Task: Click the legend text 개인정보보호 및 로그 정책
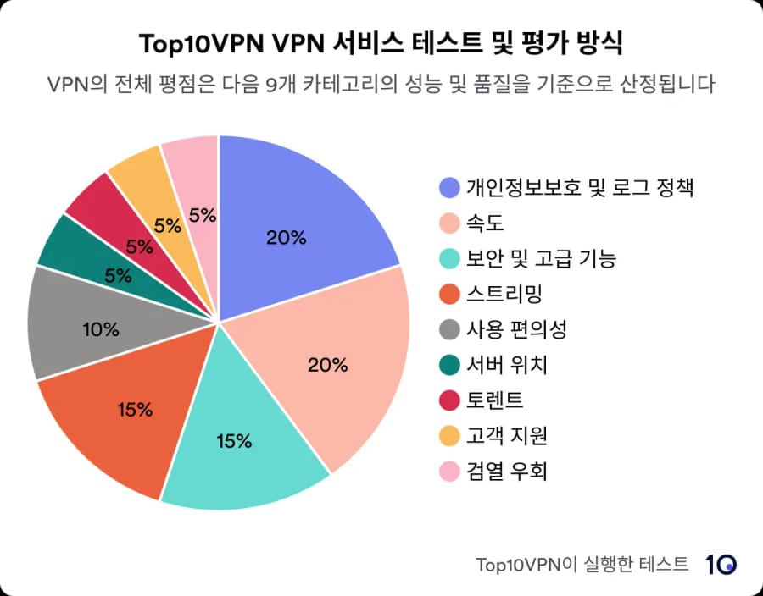[x=580, y=188]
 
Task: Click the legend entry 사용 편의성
[x=516, y=329]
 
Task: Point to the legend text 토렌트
[x=495, y=400]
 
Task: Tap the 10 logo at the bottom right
[x=721, y=564]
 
